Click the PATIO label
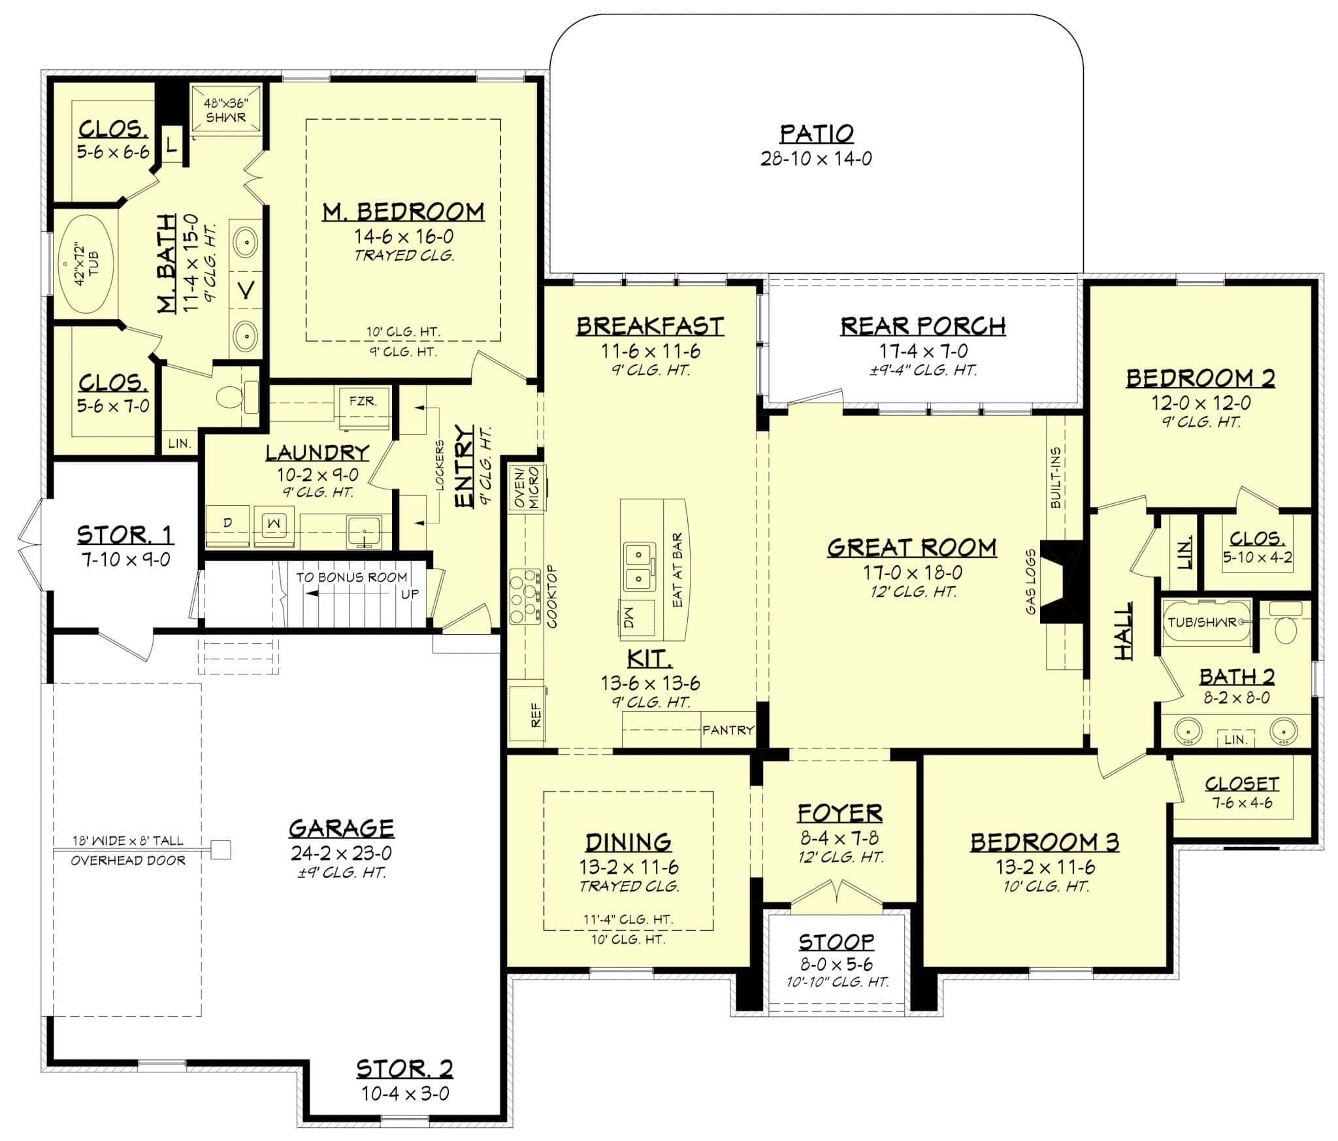click(x=816, y=133)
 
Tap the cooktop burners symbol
click(x=525, y=595)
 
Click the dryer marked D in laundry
click(x=228, y=523)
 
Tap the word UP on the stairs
click(x=410, y=595)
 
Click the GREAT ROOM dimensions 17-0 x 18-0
click(x=913, y=572)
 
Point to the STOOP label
click(x=836, y=942)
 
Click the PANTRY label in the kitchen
click(x=728, y=729)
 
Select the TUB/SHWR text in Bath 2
click(x=1202, y=622)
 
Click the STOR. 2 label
click(x=404, y=1069)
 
